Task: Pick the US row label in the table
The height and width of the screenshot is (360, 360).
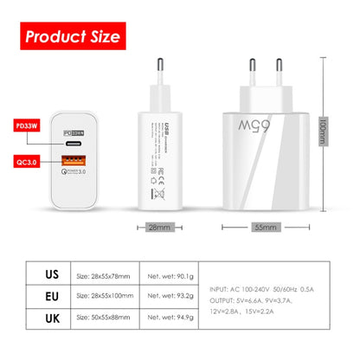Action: tap(50, 275)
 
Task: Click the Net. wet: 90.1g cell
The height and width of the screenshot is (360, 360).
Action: tap(170, 276)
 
